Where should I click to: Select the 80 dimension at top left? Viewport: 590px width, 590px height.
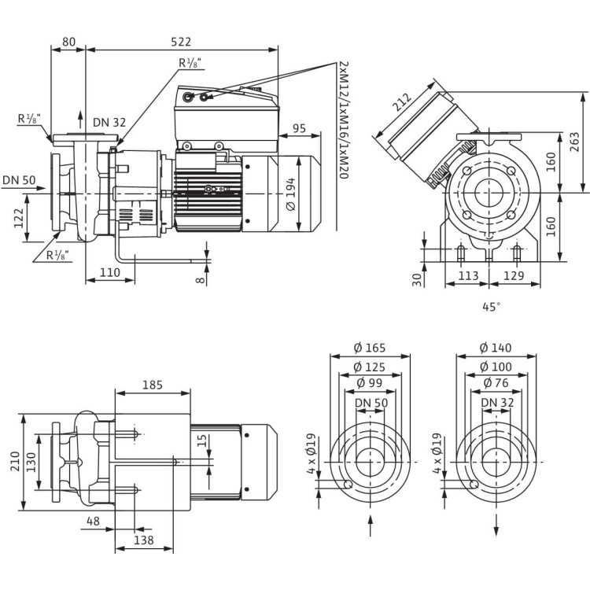click(68, 41)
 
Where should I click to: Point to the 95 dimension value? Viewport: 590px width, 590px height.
click(299, 128)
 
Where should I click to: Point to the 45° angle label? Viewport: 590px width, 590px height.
click(492, 308)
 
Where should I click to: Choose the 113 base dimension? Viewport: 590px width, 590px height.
click(469, 275)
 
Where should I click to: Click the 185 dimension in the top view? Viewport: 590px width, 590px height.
click(153, 385)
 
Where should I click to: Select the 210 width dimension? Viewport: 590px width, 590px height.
click(13, 460)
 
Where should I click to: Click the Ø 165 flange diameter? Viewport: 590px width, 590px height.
click(369, 348)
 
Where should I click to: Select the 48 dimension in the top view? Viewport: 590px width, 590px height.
click(93, 521)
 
